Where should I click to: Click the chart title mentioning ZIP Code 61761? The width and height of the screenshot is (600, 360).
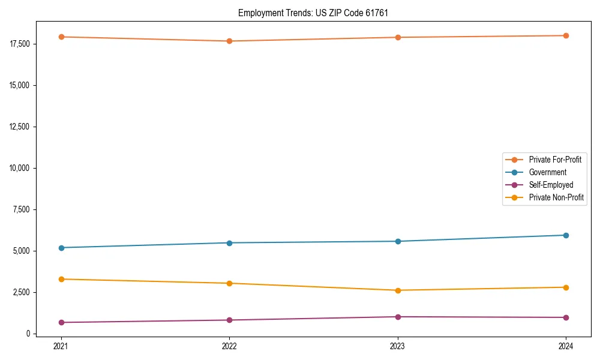pos(317,13)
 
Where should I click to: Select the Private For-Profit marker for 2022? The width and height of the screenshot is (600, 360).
pos(229,41)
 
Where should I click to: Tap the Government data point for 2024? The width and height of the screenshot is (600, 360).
pos(566,235)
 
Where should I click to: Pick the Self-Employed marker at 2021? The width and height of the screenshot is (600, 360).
pos(61,322)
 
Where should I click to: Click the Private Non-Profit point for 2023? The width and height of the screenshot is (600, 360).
pos(398,290)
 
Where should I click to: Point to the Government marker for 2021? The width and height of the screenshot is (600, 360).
pos(61,248)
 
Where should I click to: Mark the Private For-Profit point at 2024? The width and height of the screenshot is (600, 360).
pos(566,35)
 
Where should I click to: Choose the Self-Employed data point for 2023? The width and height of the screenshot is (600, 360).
pos(398,317)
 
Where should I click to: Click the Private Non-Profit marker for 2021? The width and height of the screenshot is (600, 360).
pos(61,279)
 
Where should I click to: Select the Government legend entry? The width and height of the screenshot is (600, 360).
pos(547,172)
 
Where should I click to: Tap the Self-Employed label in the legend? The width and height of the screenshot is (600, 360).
pos(551,185)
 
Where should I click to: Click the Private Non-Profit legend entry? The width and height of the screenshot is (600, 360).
pos(556,197)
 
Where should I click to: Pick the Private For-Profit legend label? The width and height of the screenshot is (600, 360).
pos(555,160)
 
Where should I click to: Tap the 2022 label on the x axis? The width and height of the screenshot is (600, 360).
pos(229,346)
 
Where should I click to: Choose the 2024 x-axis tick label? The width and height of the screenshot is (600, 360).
pos(566,346)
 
